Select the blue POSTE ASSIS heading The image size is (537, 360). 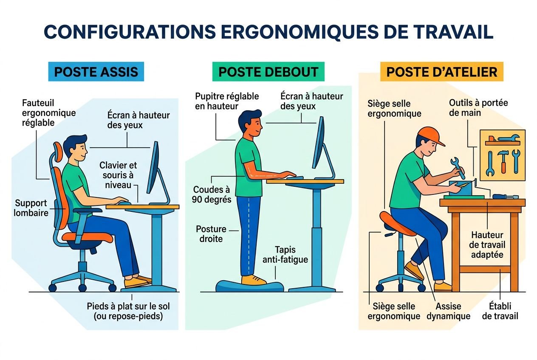[x=96, y=72]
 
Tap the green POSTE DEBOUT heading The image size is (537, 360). [x=268, y=72]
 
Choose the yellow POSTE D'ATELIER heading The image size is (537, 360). [x=442, y=72]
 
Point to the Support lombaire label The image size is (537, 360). [x=31, y=208]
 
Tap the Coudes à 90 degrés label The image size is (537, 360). [x=211, y=194]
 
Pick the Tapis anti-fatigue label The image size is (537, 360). [x=285, y=254]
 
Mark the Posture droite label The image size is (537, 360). [x=211, y=234]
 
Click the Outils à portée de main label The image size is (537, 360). [x=478, y=107]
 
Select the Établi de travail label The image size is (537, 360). [x=500, y=311]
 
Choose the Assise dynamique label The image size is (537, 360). [x=448, y=311]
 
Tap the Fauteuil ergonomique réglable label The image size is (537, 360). [x=48, y=112]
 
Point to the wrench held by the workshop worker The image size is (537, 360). [x=457, y=166]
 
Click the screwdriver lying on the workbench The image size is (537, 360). [x=505, y=197]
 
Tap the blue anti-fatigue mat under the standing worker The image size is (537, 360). [x=249, y=286]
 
